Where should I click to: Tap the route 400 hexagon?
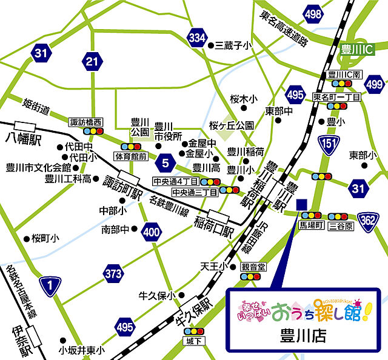click(150, 232)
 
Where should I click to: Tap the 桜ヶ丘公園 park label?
click(232, 125)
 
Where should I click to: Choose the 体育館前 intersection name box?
click(130, 156)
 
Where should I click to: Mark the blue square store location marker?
click(302, 204)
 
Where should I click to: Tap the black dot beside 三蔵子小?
click(210, 45)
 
